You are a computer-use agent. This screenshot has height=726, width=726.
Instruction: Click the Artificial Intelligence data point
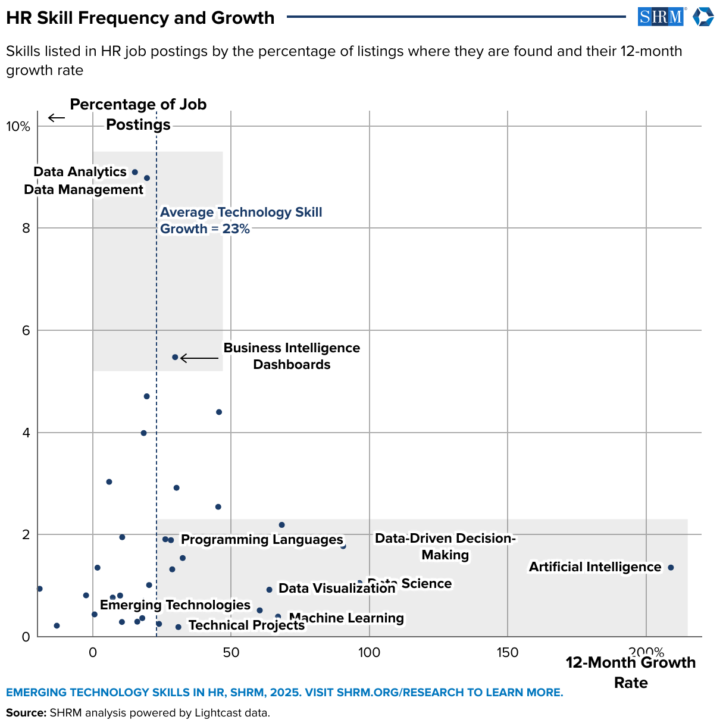pos(671,568)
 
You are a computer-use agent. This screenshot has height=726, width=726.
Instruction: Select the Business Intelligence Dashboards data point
pos(175,357)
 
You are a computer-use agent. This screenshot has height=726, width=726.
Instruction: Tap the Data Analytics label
pos(80,172)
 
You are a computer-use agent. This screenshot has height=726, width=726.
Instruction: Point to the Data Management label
pos(83,190)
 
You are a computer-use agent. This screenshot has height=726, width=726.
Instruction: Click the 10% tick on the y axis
pos(18,127)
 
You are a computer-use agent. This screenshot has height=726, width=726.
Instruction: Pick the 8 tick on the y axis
pos(26,229)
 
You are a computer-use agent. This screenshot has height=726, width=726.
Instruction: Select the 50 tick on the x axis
pos(231,652)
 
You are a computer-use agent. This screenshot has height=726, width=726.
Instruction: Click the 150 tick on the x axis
pos(507,652)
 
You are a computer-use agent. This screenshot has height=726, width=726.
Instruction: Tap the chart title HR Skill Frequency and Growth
pos(140,18)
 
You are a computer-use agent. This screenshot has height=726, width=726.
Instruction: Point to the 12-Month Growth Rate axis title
pos(630,672)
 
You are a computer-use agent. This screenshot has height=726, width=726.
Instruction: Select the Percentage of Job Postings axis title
pos(138,114)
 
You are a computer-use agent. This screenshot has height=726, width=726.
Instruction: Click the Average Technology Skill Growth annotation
pos(240,221)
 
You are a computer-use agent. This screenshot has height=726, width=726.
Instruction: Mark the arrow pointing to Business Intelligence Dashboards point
pos(199,358)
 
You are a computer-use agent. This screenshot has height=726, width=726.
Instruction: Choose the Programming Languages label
pos(262,540)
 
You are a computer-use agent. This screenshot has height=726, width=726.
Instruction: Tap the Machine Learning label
pos(346,618)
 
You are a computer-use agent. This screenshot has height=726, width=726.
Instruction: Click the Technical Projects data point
pos(179,627)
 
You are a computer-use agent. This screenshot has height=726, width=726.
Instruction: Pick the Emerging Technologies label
pos(175,605)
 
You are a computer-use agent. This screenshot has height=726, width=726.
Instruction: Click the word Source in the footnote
pos(26,713)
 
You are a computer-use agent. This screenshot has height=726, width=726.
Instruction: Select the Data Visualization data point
pos(269,590)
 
